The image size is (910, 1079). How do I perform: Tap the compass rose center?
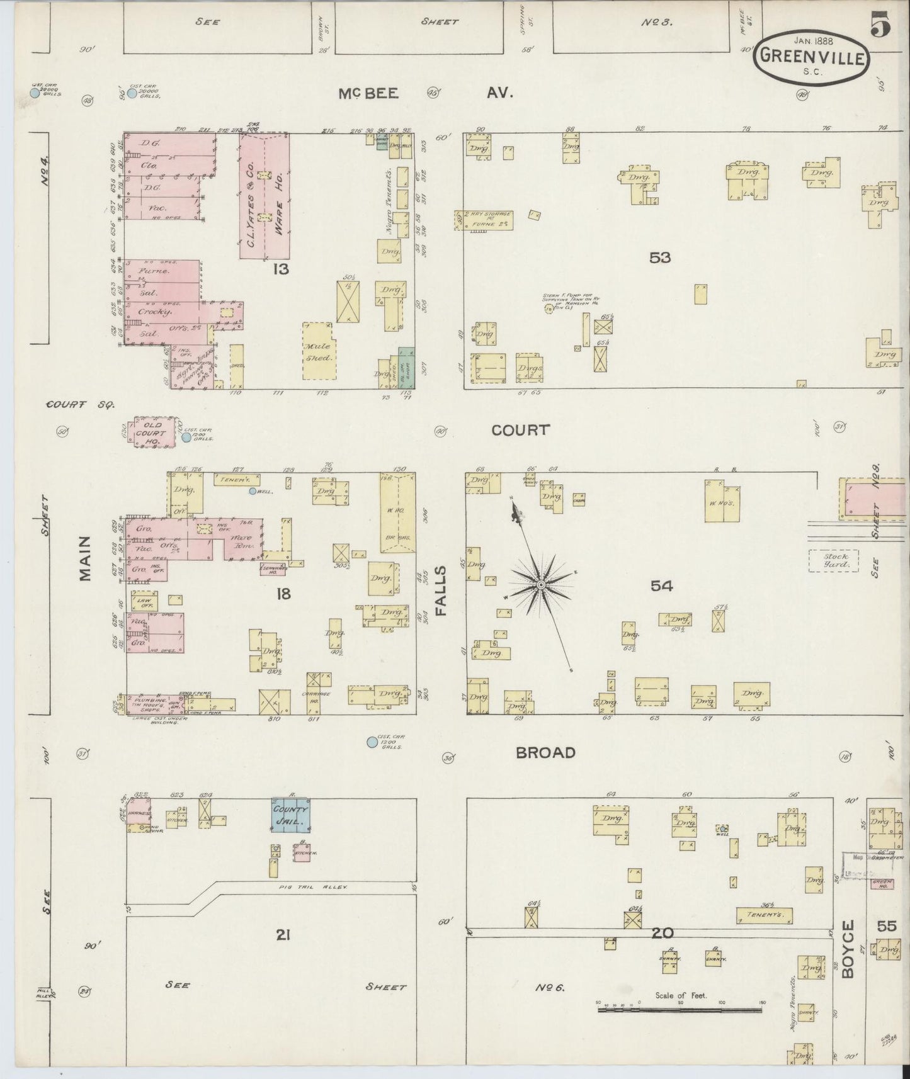click(x=540, y=585)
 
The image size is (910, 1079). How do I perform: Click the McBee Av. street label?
click(x=426, y=93)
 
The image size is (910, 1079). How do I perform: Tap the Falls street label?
click(x=440, y=590)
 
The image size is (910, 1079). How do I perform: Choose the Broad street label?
click(x=546, y=752)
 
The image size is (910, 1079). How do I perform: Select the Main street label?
click(x=86, y=558)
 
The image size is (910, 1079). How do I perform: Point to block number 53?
click(x=661, y=257)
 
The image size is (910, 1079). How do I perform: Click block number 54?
click(x=661, y=586)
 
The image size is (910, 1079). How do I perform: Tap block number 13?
click(x=281, y=269)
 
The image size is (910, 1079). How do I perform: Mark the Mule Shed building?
click(x=320, y=350)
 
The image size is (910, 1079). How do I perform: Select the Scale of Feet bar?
click(x=680, y=1009)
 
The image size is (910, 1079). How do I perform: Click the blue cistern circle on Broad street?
click(x=372, y=742)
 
